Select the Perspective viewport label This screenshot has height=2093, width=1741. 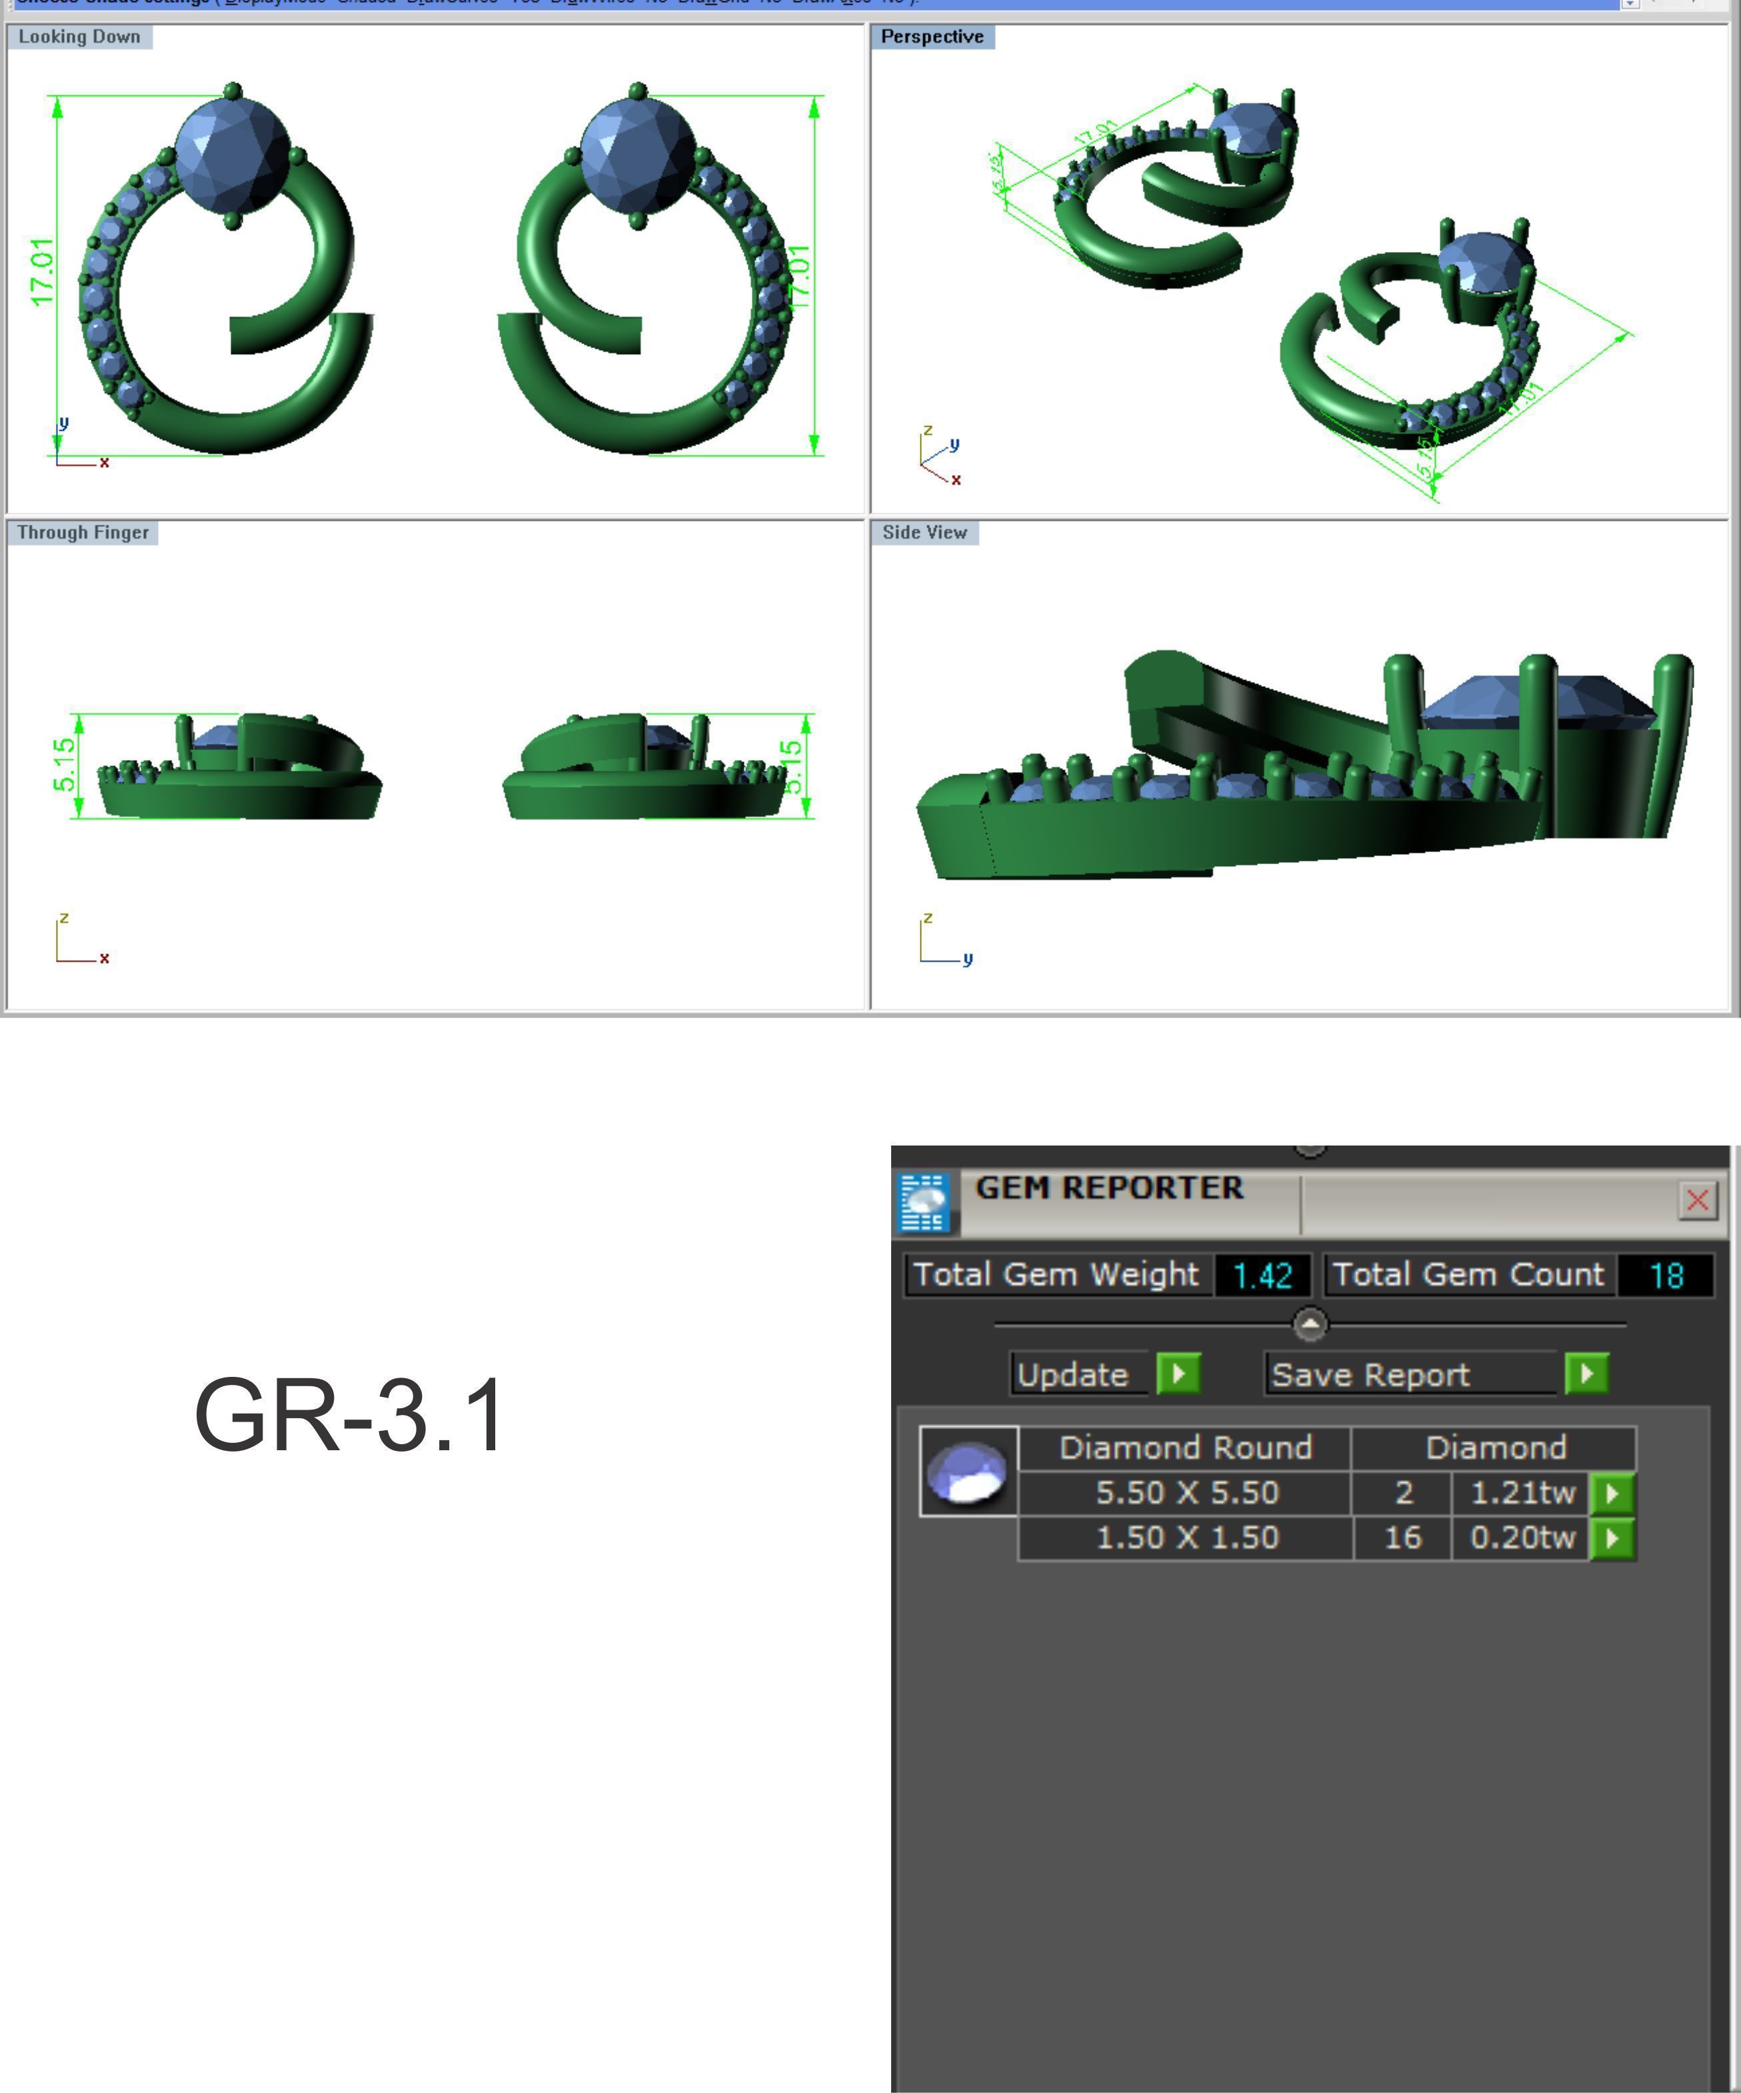coord(932,37)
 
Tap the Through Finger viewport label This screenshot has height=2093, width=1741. coord(83,532)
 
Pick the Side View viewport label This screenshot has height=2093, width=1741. coord(924,532)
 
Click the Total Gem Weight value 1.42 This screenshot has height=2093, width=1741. coord(1262,1275)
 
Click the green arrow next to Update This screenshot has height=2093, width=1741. coord(1178,1374)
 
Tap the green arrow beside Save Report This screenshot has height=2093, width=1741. coord(1586,1374)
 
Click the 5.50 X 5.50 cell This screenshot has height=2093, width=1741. coord(1186,1492)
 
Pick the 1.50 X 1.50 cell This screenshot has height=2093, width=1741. coord(1186,1537)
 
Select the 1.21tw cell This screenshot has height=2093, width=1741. coord(1521,1492)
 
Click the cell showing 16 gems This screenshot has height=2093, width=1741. coord(1402,1537)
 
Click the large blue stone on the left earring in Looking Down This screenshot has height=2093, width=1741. coord(231,155)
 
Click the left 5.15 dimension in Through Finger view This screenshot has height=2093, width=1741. coord(63,764)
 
